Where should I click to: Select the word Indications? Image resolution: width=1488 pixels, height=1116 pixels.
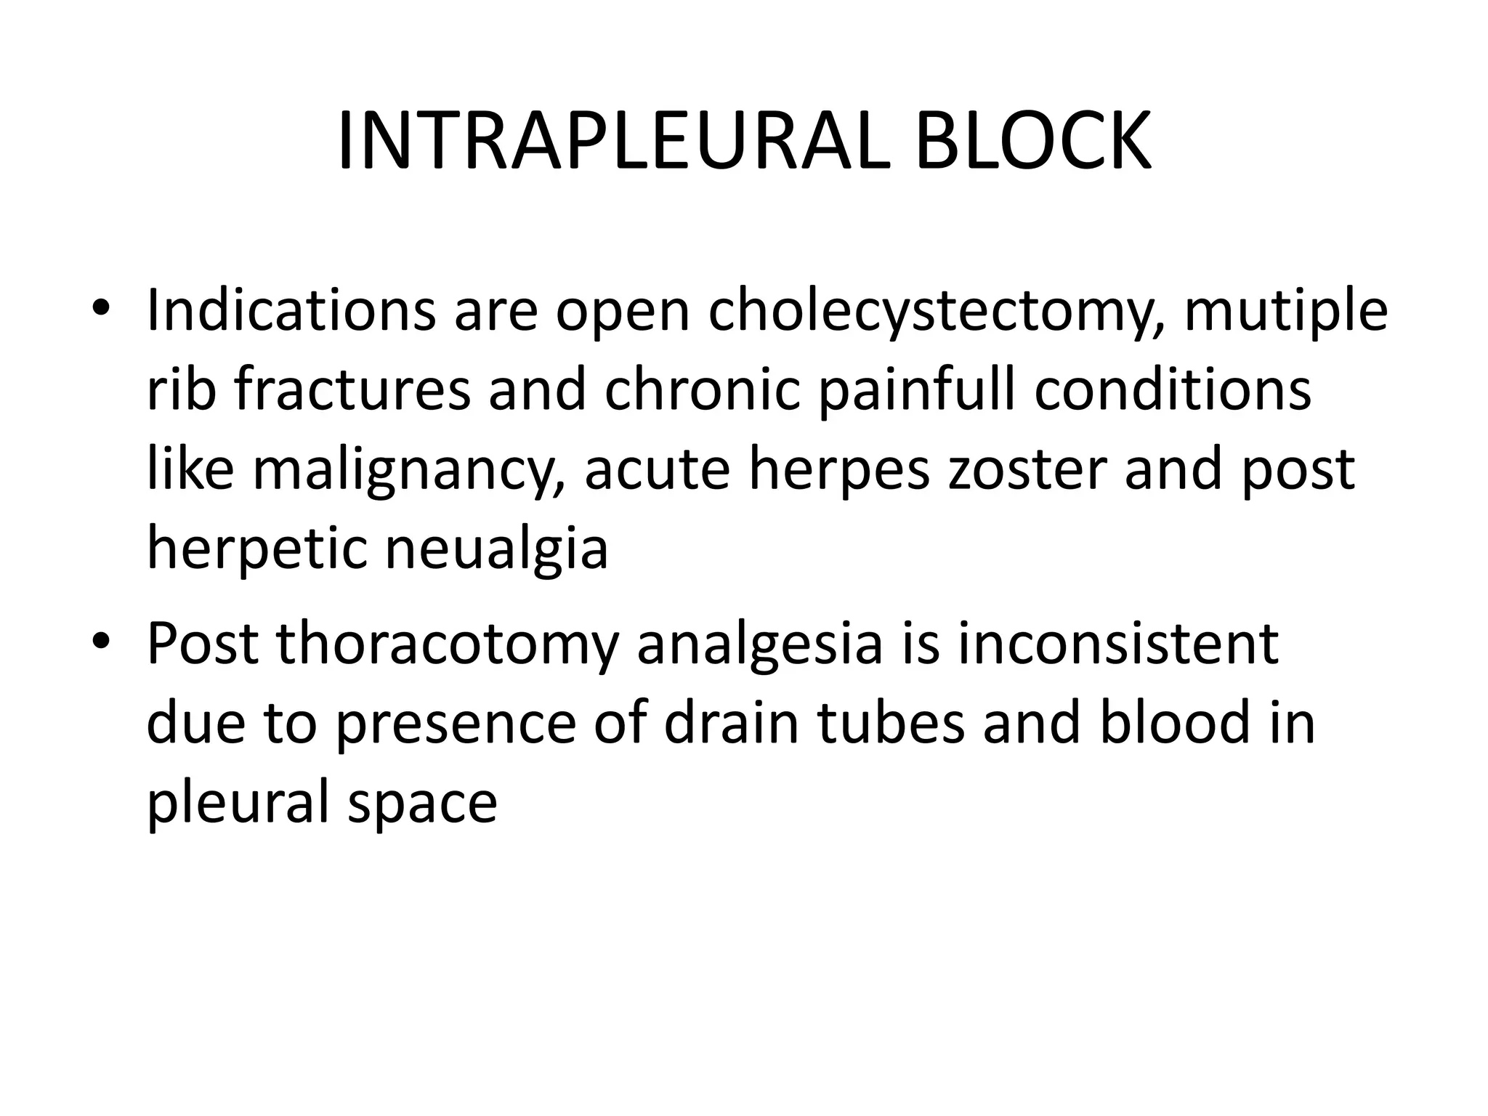pyautogui.click(x=291, y=310)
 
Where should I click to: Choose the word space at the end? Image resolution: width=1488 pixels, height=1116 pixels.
pyautogui.click(x=422, y=804)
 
